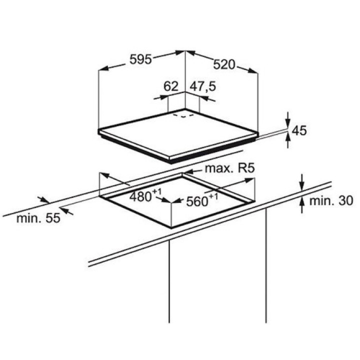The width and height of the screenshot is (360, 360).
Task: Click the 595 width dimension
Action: pos(140,59)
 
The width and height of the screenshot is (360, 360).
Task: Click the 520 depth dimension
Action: pos(224,64)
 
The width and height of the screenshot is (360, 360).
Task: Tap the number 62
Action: pos(171,86)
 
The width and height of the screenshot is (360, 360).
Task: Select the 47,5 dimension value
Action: pos(202,86)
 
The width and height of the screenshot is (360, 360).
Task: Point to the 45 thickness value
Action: pos(299,130)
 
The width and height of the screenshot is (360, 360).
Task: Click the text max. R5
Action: pos(230,168)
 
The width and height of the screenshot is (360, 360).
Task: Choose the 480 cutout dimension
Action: pos(140,197)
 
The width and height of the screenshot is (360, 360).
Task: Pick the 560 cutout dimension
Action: pos(197,202)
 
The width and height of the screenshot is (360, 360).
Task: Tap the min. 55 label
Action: pos(38,218)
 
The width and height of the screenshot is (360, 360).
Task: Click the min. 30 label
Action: pos(331,201)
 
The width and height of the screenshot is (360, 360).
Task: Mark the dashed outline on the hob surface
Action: pos(183,115)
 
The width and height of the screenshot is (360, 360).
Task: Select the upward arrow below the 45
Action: pos(287,140)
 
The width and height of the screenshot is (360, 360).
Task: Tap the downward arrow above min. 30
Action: pos(302,183)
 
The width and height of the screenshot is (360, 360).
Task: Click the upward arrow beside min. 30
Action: pos(302,205)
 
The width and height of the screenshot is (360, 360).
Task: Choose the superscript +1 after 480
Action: pos(157,191)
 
